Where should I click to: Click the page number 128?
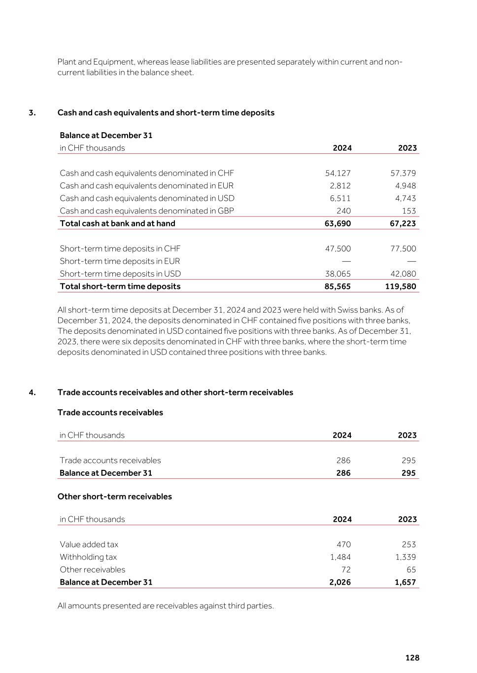pos(412,658)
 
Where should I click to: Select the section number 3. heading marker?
pos(32,112)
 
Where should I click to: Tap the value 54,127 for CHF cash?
pos(338,173)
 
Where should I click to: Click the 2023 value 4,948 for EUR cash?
pos(405,186)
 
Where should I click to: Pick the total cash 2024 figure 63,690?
pos(338,223)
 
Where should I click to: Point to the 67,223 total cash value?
pos(403,223)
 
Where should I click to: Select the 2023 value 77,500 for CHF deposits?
pos(403,248)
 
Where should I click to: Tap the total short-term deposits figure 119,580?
pos(401,286)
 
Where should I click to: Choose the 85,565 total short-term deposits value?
pos(338,286)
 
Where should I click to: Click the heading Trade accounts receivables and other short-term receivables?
pos(175,392)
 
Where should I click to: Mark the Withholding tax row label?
pos(88,557)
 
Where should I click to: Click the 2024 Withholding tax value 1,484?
pos(340,557)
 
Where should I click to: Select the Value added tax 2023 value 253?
pos(409,544)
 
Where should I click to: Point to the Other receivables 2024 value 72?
pos(346,569)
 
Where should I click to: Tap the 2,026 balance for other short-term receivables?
pos(340,582)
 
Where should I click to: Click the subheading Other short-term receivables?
pos(114,496)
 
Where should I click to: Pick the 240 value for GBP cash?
pos(343,211)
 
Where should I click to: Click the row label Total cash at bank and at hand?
pos(117,223)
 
